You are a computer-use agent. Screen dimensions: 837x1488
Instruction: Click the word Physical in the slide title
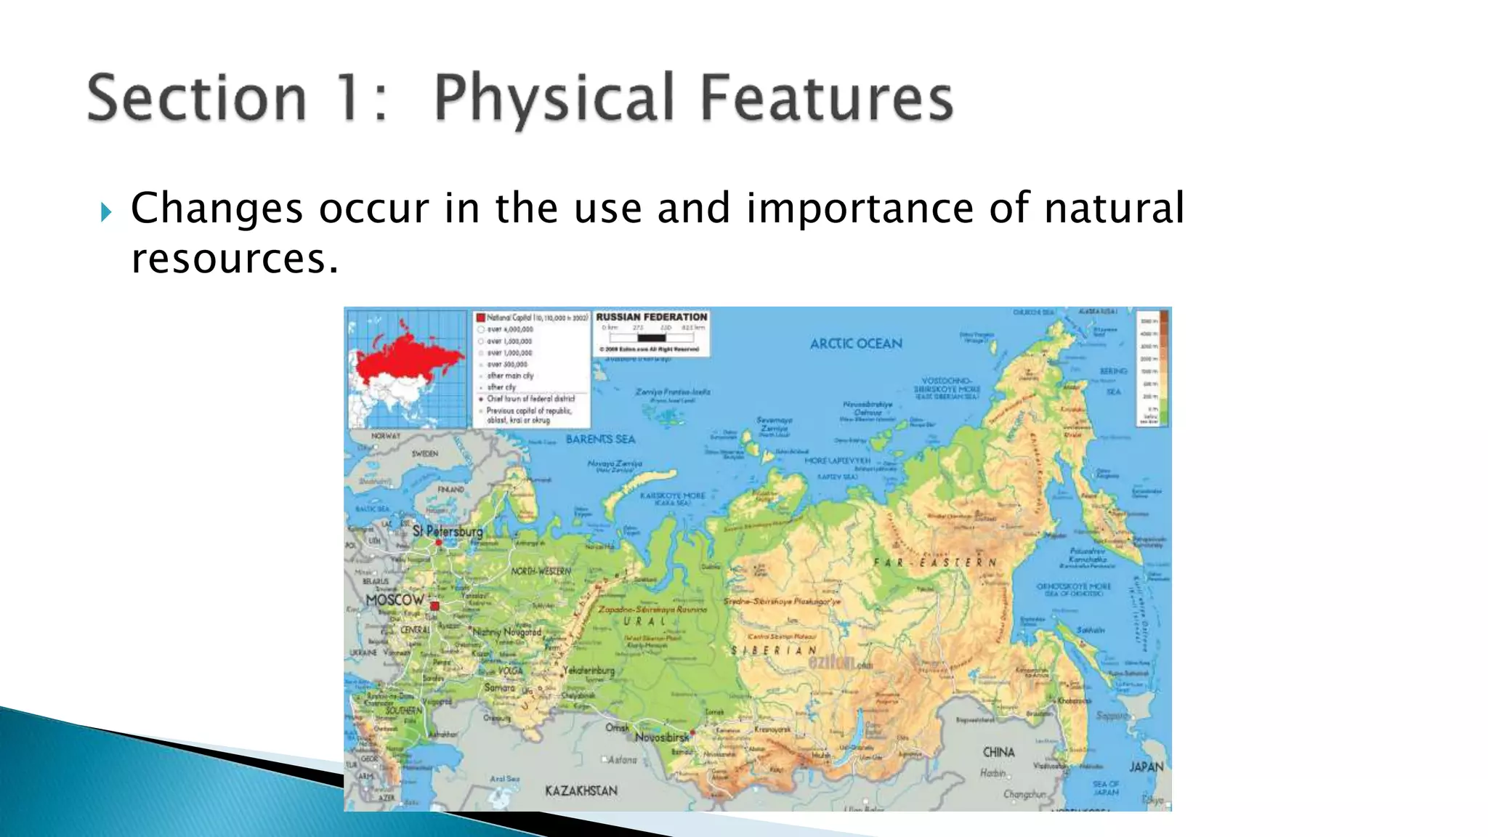pos(554,99)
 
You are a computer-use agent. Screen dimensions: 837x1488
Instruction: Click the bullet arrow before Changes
pos(107,212)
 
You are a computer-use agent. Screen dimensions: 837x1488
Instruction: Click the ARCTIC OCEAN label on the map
pos(856,344)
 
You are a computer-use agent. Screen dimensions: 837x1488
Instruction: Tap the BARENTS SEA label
pos(600,439)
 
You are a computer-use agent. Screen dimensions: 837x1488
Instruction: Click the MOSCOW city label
pos(395,600)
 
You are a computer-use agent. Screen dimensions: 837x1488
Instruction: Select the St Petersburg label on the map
pos(448,531)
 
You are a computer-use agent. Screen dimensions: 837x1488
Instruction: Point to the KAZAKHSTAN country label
pos(581,790)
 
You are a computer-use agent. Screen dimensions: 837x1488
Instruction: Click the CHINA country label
pos(998,752)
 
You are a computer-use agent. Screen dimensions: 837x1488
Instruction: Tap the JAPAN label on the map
pos(1147,767)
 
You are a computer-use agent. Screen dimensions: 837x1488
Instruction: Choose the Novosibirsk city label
pos(662,737)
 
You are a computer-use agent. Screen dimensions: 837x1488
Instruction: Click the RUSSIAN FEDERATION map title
pos(651,318)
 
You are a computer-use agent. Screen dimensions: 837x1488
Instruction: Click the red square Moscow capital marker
pos(434,606)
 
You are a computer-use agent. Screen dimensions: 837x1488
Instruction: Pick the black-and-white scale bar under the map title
pos(651,338)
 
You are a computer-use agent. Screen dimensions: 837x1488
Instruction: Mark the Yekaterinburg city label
pos(589,671)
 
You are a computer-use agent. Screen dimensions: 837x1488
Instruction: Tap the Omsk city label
pos(618,727)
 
